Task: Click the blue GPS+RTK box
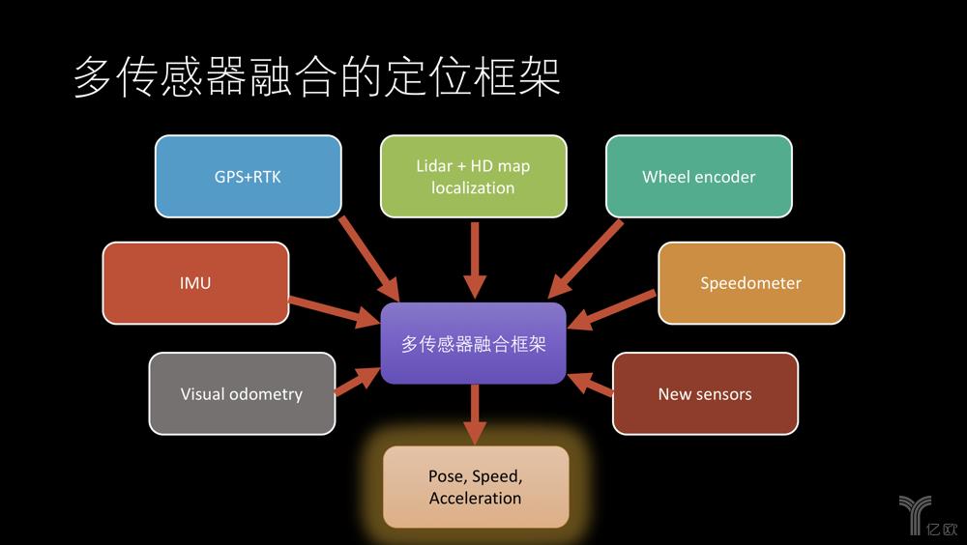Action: click(248, 176)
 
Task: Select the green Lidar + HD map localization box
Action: click(473, 176)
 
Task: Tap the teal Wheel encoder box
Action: click(699, 176)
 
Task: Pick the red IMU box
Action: click(195, 283)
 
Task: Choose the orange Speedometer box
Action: click(751, 283)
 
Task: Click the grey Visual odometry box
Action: click(242, 393)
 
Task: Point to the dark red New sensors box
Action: click(705, 393)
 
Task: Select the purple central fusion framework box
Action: click(473, 343)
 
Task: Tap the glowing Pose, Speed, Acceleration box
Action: click(476, 487)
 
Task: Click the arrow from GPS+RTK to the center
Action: click(369, 258)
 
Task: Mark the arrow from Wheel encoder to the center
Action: click(585, 260)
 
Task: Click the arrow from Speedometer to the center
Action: click(611, 309)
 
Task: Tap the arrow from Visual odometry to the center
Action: click(358, 381)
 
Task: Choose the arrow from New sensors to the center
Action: click(590, 384)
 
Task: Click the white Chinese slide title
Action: click(317, 77)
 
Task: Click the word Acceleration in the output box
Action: click(476, 499)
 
